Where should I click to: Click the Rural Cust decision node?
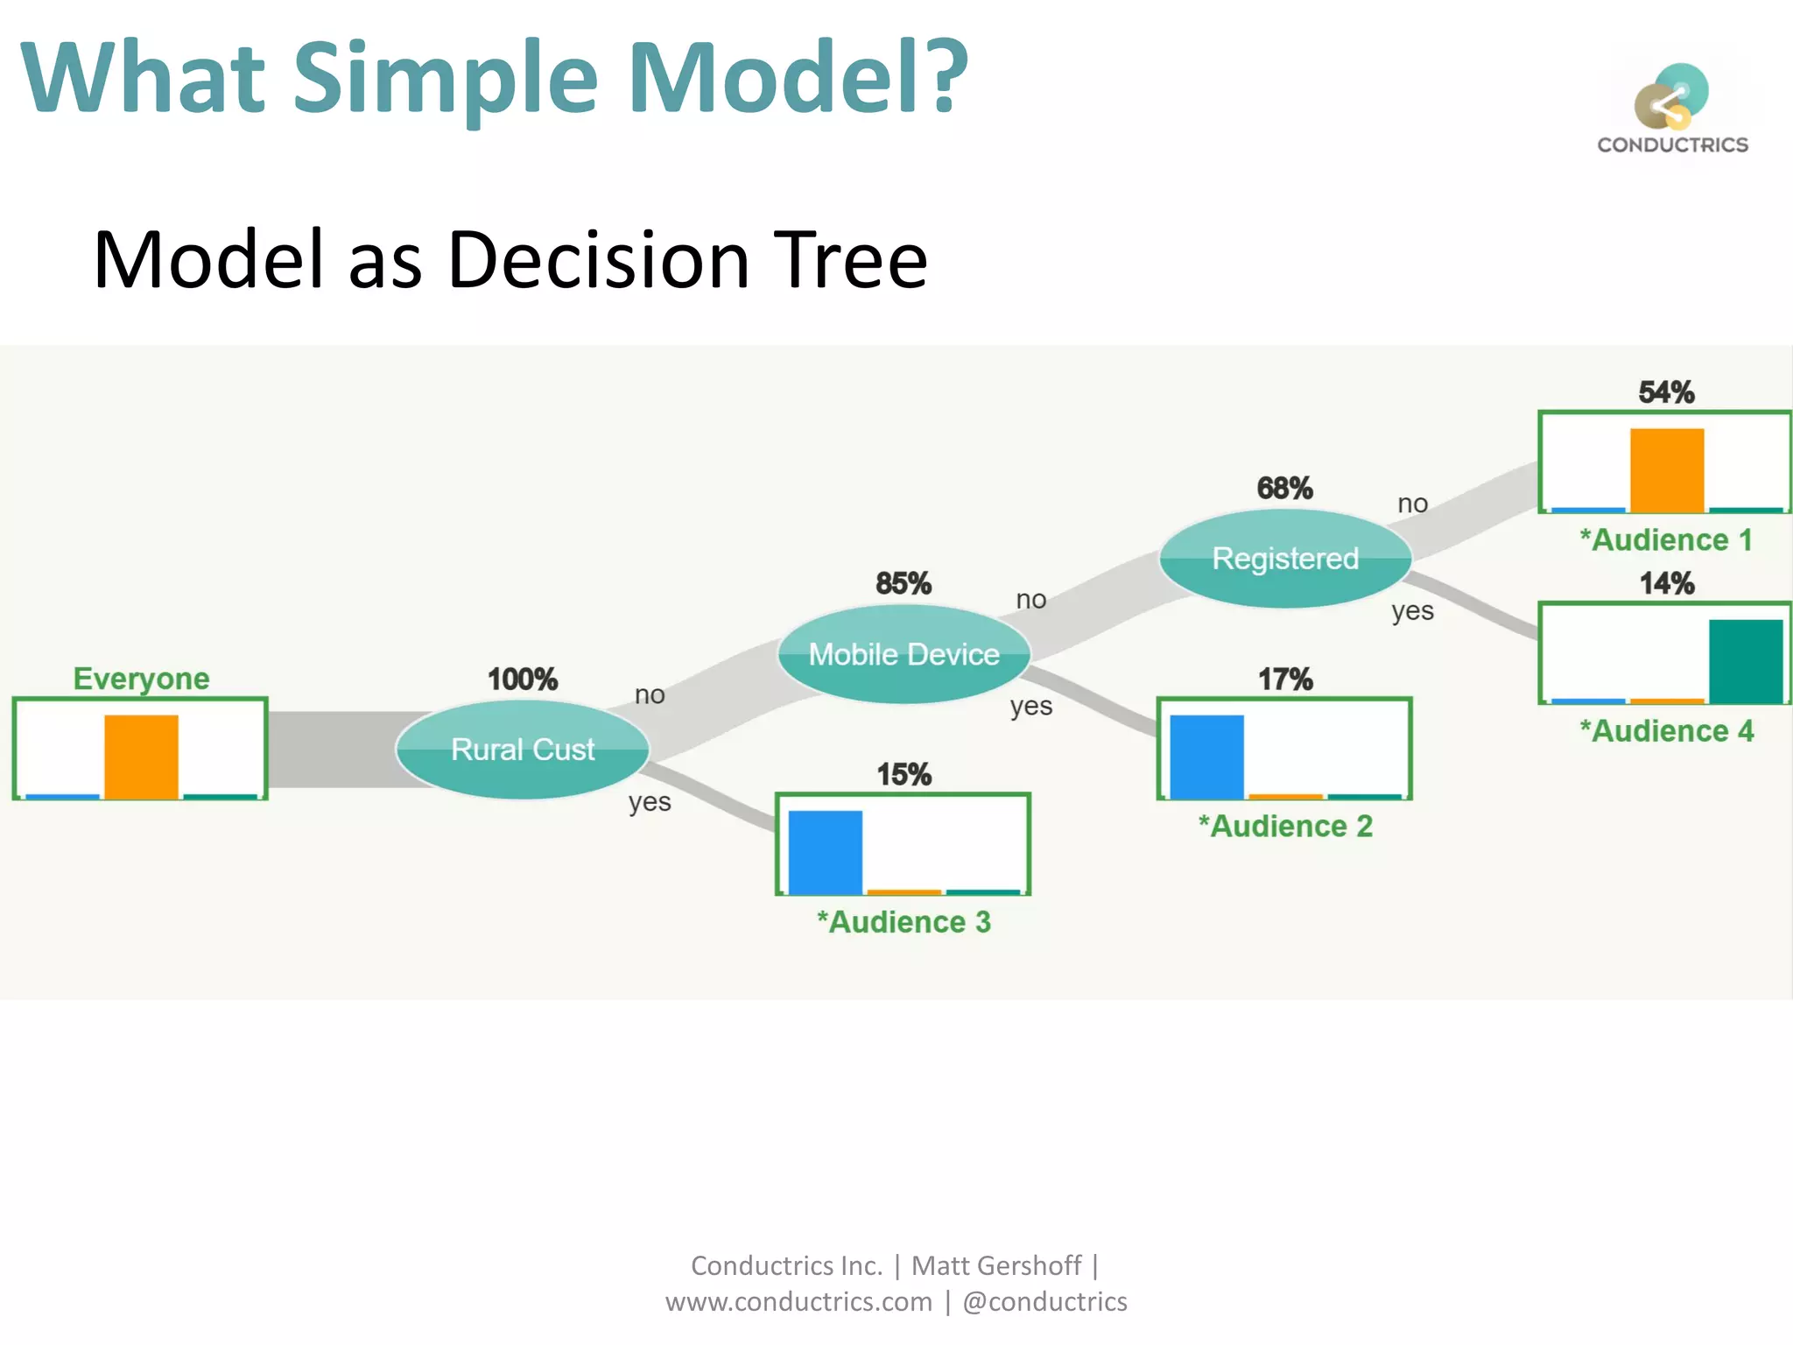(522, 750)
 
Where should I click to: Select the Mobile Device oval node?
(904, 654)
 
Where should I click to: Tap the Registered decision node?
(1285, 559)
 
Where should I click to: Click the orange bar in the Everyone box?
(141, 757)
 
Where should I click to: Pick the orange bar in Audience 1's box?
(1667, 469)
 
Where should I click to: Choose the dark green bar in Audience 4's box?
(1746, 661)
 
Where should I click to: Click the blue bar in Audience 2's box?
(1206, 757)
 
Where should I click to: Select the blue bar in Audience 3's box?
(825, 852)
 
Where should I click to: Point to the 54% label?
(1666, 392)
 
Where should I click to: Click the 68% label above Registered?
(1284, 488)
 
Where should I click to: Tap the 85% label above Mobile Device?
(904, 583)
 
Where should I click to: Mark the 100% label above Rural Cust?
(522, 679)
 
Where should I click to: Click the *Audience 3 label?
(904, 922)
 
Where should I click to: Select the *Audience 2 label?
(1285, 827)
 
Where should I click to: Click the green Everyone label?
(141, 679)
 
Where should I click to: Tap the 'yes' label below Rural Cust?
(650, 802)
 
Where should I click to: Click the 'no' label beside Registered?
(1412, 503)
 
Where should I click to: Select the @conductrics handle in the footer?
(1044, 1302)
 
